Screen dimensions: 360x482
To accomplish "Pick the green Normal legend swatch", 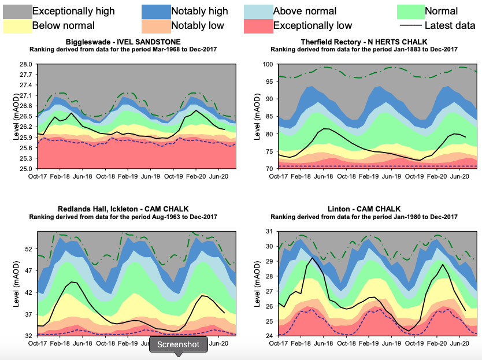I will tap(410, 11).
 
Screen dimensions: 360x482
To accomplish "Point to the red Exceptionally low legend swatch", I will tap(257, 25).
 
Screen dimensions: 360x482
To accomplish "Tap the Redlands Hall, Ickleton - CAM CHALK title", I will tap(123, 209).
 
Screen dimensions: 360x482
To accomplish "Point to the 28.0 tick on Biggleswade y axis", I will tap(25, 64).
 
